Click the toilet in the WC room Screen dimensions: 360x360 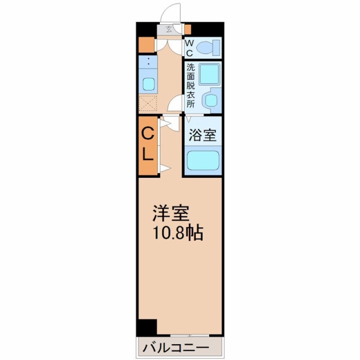(x=209, y=47)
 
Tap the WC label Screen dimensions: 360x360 (x=189, y=48)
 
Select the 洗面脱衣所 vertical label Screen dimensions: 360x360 (x=191, y=85)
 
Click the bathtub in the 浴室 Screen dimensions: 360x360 (x=203, y=160)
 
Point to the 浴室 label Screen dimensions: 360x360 (x=202, y=135)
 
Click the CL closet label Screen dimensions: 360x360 (x=147, y=144)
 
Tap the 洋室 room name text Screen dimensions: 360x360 (x=171, y=213)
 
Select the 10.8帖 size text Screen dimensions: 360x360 (x=178, y=233)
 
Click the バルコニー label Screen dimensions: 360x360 (x=176, y=348)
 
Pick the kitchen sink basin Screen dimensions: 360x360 (x=148, y=84)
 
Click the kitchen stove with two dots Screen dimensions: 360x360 (x=148, y=62)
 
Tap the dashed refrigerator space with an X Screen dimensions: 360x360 (x=148, y=103)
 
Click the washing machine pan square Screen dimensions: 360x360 (x=209, y=74)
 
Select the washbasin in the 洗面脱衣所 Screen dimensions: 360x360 (x=210, y=100)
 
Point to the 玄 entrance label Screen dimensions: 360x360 (x=169, y=29)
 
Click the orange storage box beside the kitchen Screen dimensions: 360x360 (x=147, y=44)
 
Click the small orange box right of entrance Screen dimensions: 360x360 (x=188, y=29)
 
